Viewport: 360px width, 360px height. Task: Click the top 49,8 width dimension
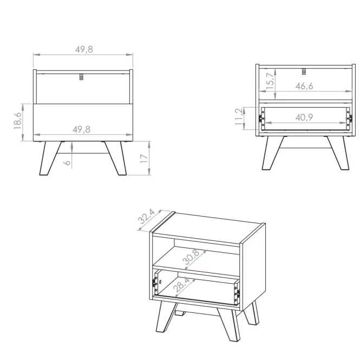pyautogui.click(x=84, y=49)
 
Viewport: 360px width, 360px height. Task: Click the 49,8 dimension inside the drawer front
pyautogui.click(x=82, y=129)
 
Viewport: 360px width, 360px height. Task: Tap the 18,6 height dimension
pyautogui.click(x=17, y=121)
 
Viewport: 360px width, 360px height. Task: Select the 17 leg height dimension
pyautogui.click(x=143, y=159)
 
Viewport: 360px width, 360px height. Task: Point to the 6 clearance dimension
pyautogui.click(x=67, y=162)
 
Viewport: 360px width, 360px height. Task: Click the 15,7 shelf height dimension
pyautogui.click(x=271, y=81)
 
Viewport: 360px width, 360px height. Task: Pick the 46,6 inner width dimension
pyautogui.click(x=304, y=86)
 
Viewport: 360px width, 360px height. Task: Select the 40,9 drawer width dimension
pyautogui.click(x=304, y=117)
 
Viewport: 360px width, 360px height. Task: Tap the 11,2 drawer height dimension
pyautogui.click(x=239, y=117)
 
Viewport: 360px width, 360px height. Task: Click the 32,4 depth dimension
pyautogui.click(x=147, y=217)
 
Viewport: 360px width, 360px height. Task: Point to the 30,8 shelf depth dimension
pyautogui.click(x=191, y=257)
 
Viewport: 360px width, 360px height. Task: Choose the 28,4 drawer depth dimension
pyautogui.click(x=182, y=284)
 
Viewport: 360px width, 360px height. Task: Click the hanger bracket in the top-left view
pyautogui.click(x=81, y=77)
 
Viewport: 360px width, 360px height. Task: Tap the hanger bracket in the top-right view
pyautogui.click(x=304, y=71)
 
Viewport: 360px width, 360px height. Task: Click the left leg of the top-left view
pyautogui.click(x=50, y=158)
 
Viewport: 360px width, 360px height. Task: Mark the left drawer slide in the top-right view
pyautogui.click(x=261, y=118)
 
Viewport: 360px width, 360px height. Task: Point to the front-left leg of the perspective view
pyautogui.click(x=166, y=316)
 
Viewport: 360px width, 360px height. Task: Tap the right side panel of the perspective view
pyautogui.click(x=253, y=269)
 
